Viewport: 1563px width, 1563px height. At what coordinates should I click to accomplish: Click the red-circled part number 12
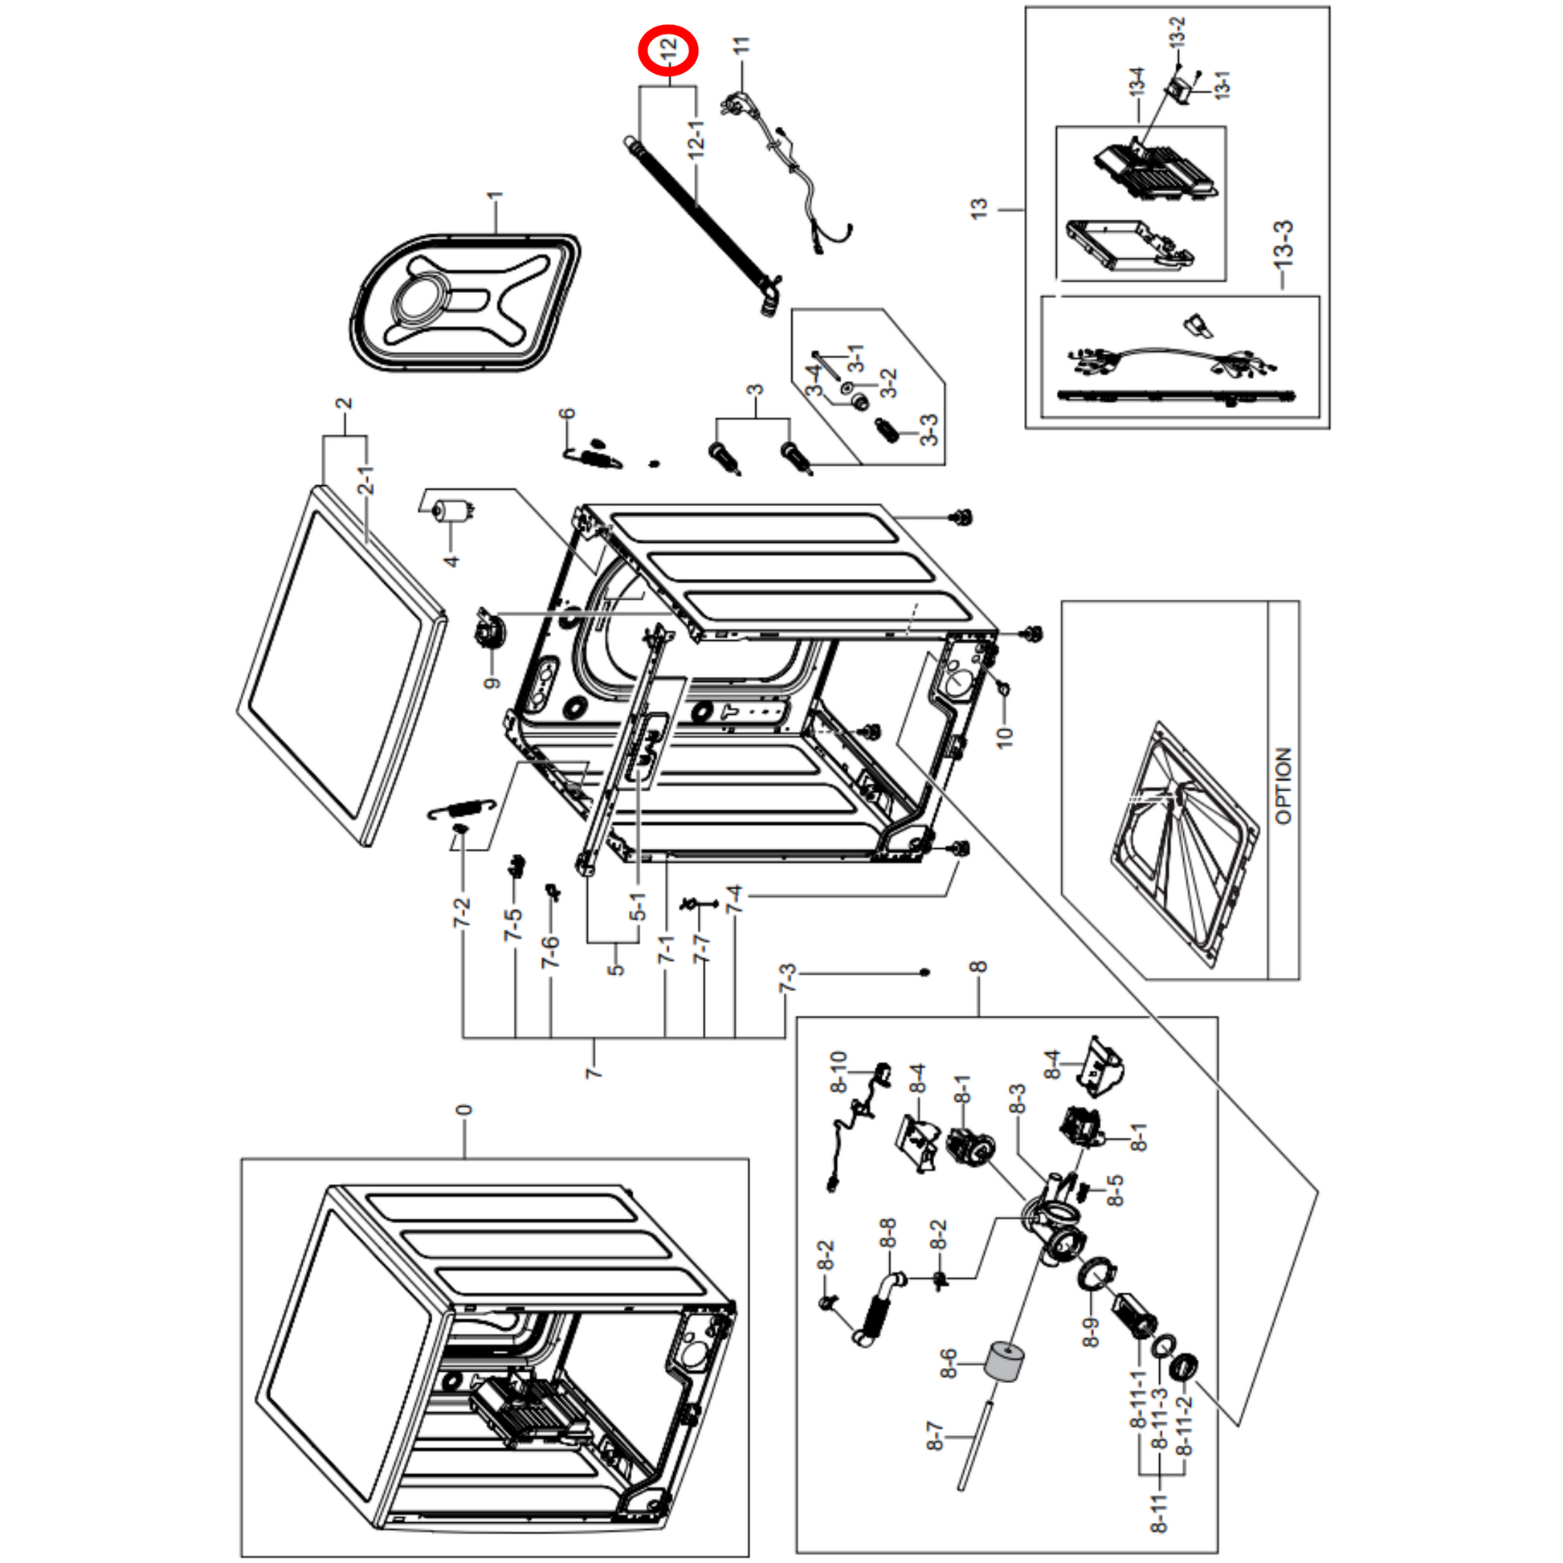coord(667,50)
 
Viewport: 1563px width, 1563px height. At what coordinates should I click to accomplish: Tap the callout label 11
coord(741,45)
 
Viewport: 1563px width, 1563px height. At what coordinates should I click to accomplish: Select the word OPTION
coord(1283,786)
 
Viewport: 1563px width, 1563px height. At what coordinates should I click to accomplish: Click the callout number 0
coord(463,1110)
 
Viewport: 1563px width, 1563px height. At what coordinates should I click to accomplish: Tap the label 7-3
coord(787,978)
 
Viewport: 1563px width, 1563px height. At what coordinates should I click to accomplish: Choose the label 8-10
coord(839,1071)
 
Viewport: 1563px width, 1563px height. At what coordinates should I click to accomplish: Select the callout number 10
coord(1004,737)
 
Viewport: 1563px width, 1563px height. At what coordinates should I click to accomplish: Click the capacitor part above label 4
coord(450,512)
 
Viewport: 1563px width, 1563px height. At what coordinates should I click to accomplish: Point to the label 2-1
coord(366,480)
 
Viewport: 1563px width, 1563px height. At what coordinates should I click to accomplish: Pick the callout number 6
coord(567,414)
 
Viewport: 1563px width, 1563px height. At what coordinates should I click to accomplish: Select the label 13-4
coord(1137,82)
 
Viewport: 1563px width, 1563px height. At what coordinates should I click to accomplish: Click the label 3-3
coord(929,430)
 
